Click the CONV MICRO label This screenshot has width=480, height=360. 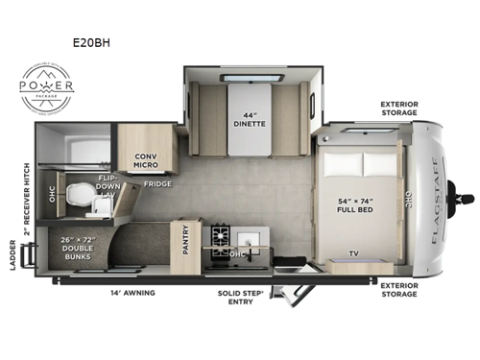(x=146, y=162)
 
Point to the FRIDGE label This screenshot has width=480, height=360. (x=157, y=183)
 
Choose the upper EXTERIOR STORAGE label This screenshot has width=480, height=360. (x=398, y=108)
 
